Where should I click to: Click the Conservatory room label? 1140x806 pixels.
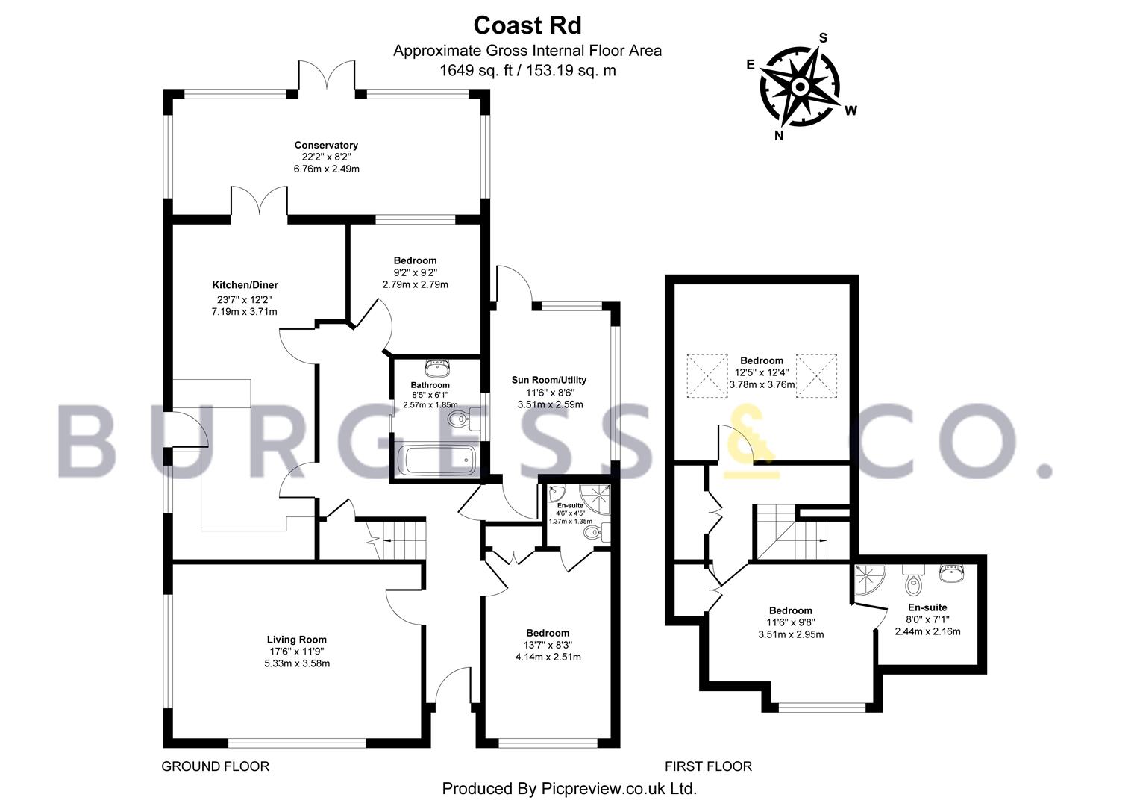(326, 145)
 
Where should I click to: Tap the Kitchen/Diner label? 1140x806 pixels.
(245, 285)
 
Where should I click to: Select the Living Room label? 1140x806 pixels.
(297, 640)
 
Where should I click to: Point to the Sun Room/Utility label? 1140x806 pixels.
(549, 380)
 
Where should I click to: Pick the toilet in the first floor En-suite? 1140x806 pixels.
(913, 579)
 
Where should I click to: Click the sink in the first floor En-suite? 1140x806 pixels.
(951, 573)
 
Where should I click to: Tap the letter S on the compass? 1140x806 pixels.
(823, 38)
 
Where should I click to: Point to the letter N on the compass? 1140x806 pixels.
(779, 135)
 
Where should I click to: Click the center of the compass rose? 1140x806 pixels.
(800, 87)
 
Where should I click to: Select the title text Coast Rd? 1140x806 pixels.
(527, 25)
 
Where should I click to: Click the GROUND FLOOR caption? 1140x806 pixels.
(216, 766)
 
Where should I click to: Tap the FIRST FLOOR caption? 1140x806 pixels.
(708, 766)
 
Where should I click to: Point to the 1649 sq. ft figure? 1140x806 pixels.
(476, 70)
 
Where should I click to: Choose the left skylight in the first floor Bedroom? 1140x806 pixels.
(707, 375)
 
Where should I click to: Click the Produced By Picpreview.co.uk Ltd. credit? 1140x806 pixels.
(569, 789)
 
